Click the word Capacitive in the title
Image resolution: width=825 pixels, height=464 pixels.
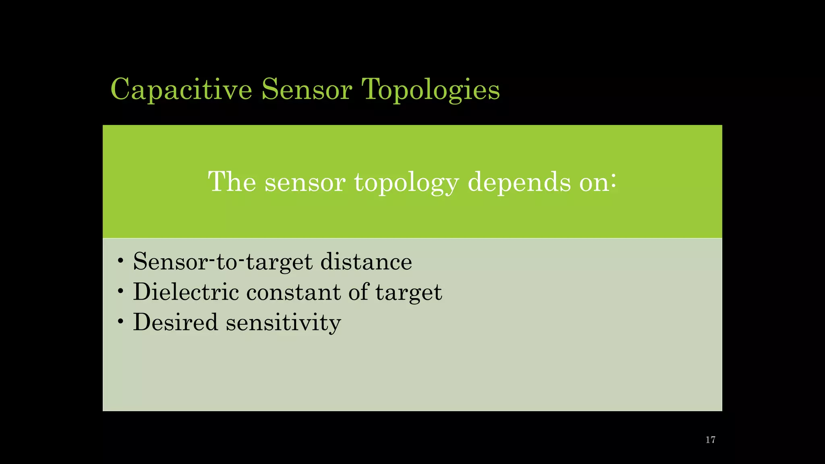point(181,89)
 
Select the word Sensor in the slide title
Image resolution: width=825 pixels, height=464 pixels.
point(307,89)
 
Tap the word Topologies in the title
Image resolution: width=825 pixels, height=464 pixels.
point(431,89)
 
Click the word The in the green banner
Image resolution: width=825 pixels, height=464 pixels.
point(232,182)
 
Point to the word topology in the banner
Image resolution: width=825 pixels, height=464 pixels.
point(406,182)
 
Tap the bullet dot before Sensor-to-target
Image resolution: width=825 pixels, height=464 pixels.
point(120,261)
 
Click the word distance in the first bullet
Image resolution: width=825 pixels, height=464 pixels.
point(366,261)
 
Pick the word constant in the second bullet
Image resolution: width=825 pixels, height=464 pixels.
point(293,292)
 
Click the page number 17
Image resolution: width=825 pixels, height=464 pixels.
point(710,440)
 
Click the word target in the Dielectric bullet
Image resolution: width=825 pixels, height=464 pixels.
point(408,292)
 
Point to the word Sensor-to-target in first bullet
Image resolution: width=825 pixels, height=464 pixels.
point(223,261)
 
